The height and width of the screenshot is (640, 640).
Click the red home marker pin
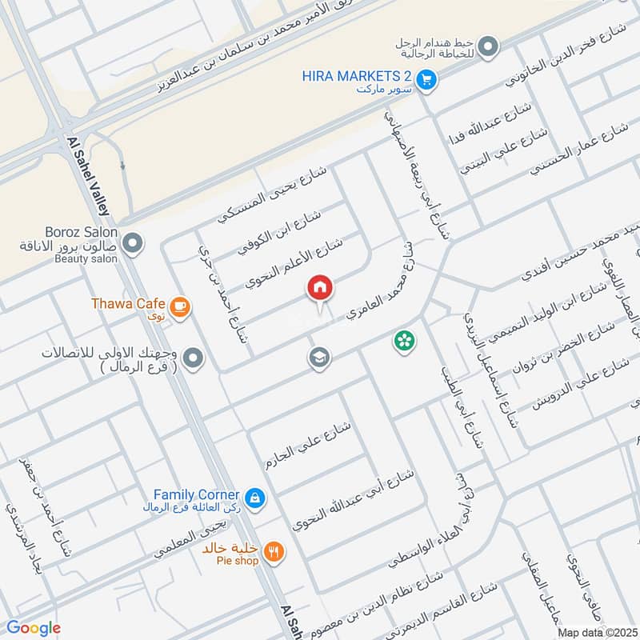point(319,289)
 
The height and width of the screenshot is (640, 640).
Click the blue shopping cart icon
point(427,78)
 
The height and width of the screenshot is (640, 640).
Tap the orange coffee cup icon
point(181,305)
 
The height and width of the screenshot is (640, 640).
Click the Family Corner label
point(196,495)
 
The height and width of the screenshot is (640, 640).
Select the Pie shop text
point(230,561)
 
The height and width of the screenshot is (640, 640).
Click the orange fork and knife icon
point(274,550)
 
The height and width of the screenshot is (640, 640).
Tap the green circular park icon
point(404,342)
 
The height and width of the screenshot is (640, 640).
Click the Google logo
point(33,628)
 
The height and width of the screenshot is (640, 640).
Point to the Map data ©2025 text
point(596,633)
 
